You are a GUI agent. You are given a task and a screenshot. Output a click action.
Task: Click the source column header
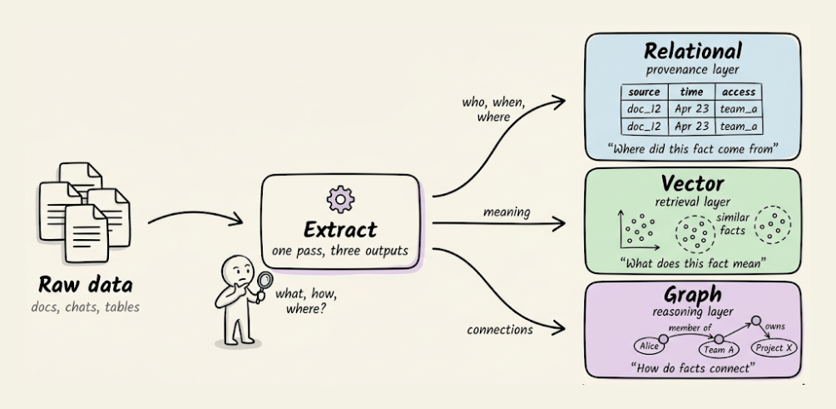(x=646, y=92)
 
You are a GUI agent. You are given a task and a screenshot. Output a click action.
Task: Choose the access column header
(x=738, y=92)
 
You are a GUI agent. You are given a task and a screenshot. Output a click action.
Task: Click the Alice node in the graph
(x=649, y=345)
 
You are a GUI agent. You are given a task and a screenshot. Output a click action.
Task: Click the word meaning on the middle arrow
(x=507, y=212)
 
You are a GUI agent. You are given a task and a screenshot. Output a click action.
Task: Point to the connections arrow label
(x=500, y=329)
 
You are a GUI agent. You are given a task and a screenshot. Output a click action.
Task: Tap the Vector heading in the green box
(x=691, y=182)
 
